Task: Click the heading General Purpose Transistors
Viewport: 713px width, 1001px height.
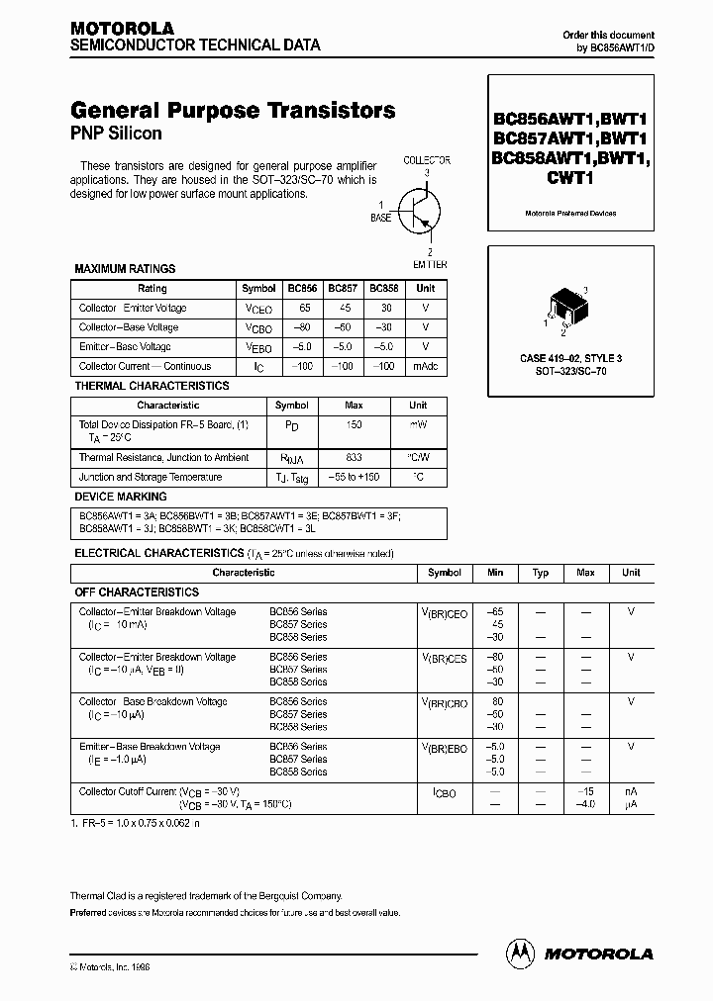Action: (x=233, y=110)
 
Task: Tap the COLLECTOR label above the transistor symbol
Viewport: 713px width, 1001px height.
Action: (x=427, y=160)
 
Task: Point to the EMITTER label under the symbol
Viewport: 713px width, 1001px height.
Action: (x=429, y=264)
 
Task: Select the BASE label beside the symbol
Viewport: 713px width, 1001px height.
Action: (x=380, y=218)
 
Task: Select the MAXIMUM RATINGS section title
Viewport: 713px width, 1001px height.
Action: (x=125, y=268)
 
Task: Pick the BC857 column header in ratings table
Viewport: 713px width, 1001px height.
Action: (x=343, y=288)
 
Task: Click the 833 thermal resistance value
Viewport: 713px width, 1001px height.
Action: (x=354, y=458)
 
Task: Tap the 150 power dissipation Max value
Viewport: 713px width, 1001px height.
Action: (x=354, y=424)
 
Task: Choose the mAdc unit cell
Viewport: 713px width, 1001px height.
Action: (x=425, y=367)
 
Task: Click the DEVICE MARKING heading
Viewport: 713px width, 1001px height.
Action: (x=121, y=497)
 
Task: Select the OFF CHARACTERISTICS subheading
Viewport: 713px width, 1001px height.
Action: (x=137, y=591)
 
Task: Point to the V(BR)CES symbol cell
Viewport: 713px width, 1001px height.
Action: (x=445, y=658)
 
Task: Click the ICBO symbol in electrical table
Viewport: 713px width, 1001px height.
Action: (x=445, y=791)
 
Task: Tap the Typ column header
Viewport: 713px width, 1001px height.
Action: (x=541, y=573)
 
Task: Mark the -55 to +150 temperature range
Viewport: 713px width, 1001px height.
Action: (x=354, y=477)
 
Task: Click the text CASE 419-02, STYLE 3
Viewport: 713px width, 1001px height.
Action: (x=571, y=356)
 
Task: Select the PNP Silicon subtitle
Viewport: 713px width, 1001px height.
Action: (x=116, y=133)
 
